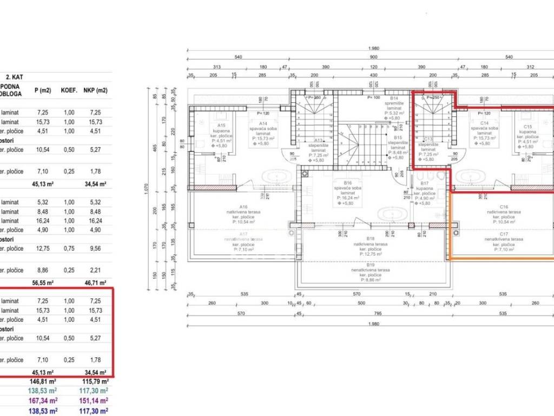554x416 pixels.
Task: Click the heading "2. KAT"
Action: tap(14, 77)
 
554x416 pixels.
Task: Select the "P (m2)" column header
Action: tap(42, 90)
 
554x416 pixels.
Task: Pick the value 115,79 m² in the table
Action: tap(95, 381)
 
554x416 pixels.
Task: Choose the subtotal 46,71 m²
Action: tap(95, 282)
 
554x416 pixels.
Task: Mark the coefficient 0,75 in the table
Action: tap(69, 248)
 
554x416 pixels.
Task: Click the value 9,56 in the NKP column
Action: tap(95, 248)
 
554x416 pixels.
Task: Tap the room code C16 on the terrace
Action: tap(504, 206)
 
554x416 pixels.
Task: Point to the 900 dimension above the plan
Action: tap(373, 57)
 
